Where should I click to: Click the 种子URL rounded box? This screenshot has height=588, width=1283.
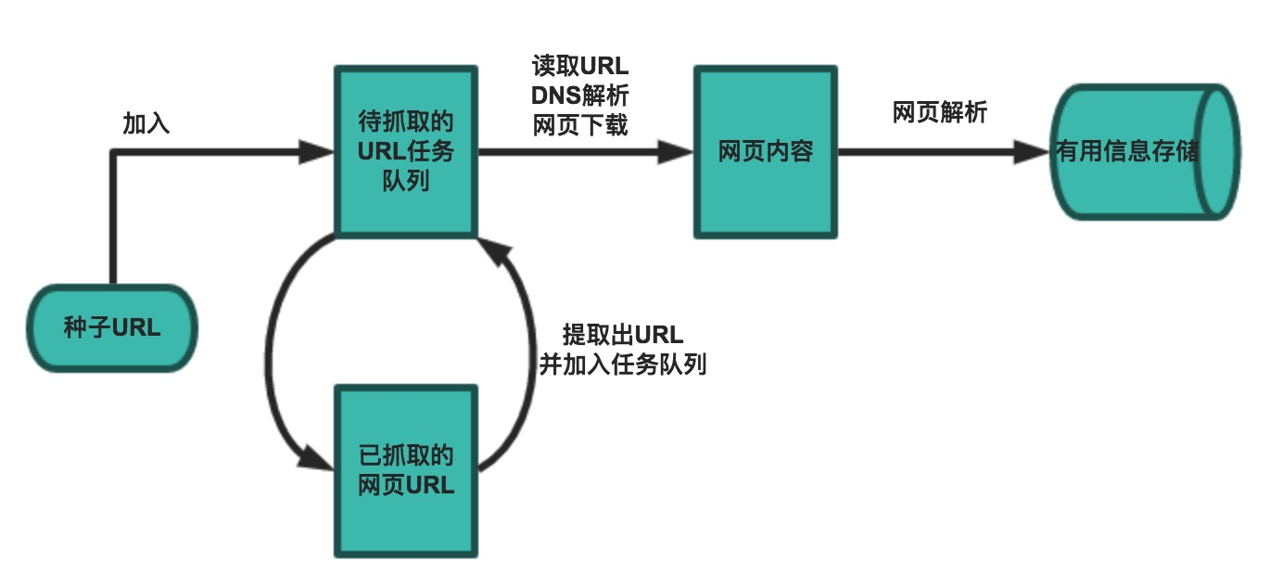click(x=112, y=328)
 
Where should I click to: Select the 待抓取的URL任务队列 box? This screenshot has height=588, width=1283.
click(x=407, y=151)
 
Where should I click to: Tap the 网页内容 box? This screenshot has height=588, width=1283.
click(x=766, y=152)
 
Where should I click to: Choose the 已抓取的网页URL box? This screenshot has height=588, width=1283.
click(x=407, y=471)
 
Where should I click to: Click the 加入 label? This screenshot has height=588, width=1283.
click(x=146, y=123)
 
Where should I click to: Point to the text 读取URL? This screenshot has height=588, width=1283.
click(x=580, y=67)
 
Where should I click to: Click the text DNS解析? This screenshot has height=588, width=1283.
click(x=580, y=96)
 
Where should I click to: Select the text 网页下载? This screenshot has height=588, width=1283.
click(x=580, y=125)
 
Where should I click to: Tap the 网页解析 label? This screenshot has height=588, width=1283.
click(x=940, y=113)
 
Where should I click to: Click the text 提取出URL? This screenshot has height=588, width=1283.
click(x=623, y=335)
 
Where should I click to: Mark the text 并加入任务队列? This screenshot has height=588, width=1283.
click(x=623, y=364)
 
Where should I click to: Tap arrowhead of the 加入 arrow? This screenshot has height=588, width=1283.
click(x=317, y=152)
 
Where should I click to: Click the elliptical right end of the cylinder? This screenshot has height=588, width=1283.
click(x=1216, y=152)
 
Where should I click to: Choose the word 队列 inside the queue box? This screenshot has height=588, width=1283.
click(x=406, y=181)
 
